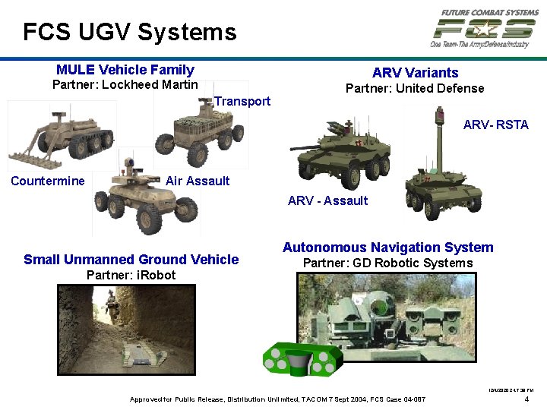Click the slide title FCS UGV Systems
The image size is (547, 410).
pos(129,32)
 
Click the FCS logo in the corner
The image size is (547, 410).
pos(483,29)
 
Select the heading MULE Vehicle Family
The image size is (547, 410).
pos(125,70)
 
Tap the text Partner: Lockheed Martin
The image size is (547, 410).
pos(125,85)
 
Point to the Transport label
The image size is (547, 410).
pos(242,101)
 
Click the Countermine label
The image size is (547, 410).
pos(48,181)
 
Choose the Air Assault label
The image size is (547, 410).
pos(198,181)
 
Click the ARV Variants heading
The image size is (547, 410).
pos(415,73)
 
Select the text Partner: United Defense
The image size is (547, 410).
pos(415,89)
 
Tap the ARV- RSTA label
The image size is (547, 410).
pos(495,125)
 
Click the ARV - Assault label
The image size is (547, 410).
pos(327,200)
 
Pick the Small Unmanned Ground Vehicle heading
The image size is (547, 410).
pos(131,260)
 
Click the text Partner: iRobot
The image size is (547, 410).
pos(131,275)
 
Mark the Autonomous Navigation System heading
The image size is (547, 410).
pos(387,248)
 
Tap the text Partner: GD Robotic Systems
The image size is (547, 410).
pos(387,263)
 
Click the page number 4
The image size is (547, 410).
pos(528,399)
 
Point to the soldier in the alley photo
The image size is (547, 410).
pos(112,306)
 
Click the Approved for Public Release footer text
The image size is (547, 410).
pos(277,399)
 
